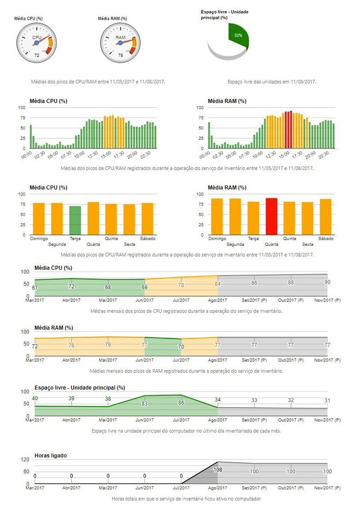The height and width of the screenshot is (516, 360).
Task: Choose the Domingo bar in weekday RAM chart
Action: click(x=217, y=217)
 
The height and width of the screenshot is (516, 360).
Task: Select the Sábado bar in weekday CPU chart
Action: click(x=148, y=218)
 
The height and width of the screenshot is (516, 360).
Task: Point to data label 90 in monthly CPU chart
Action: click(x=327, y=282)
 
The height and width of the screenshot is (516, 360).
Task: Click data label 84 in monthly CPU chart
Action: click(x=217, y=284)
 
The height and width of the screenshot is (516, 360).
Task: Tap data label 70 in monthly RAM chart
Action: click(x=181, y=347)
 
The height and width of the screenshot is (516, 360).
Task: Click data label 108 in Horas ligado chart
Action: click(x=218, y=470)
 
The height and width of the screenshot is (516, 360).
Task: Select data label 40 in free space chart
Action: click(x=35, y=398)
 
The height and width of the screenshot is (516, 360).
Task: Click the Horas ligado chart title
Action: click(x=50, y=456)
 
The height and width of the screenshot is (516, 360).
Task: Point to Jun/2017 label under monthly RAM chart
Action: click(x=145, y=360)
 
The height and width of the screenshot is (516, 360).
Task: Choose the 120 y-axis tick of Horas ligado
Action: click(x=25, y=460)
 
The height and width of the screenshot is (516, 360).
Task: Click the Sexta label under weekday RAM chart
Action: click(x=308, y=244)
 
